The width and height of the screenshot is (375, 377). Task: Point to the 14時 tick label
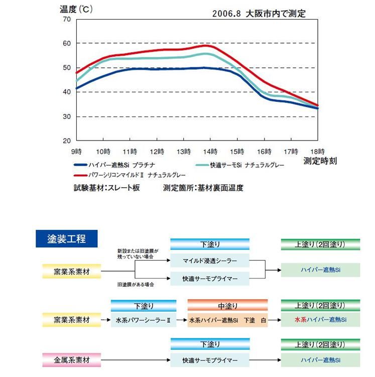point(211,151)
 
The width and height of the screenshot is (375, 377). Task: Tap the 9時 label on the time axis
point(76,151)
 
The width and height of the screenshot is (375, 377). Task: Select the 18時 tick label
point(318,151)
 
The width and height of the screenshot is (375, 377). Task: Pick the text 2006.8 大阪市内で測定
point(259,14)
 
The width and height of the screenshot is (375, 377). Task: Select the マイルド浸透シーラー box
point(210,261)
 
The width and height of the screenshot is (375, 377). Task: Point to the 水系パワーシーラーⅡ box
point(143,319)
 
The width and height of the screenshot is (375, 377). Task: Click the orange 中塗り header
point(227,305)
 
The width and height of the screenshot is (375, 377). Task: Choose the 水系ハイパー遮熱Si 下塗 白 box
point(227,319)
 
